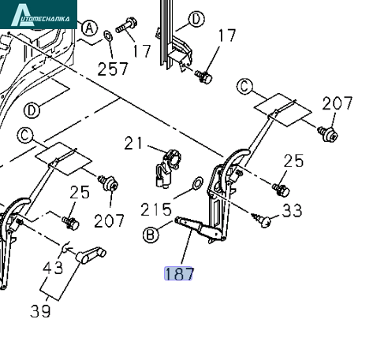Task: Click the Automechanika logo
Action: tap(39, 14)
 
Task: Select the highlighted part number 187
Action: tap(178, 273)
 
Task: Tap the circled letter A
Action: tap(89, 28)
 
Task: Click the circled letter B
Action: tap(151, 235)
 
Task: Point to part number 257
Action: tap(113, 69)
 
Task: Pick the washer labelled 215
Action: tap(198, 183)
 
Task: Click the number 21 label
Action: tap(133, 143)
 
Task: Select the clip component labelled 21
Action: tap(167, 169)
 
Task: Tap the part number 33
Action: tap(293, 210)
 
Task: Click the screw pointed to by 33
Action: tap(263, 220)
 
